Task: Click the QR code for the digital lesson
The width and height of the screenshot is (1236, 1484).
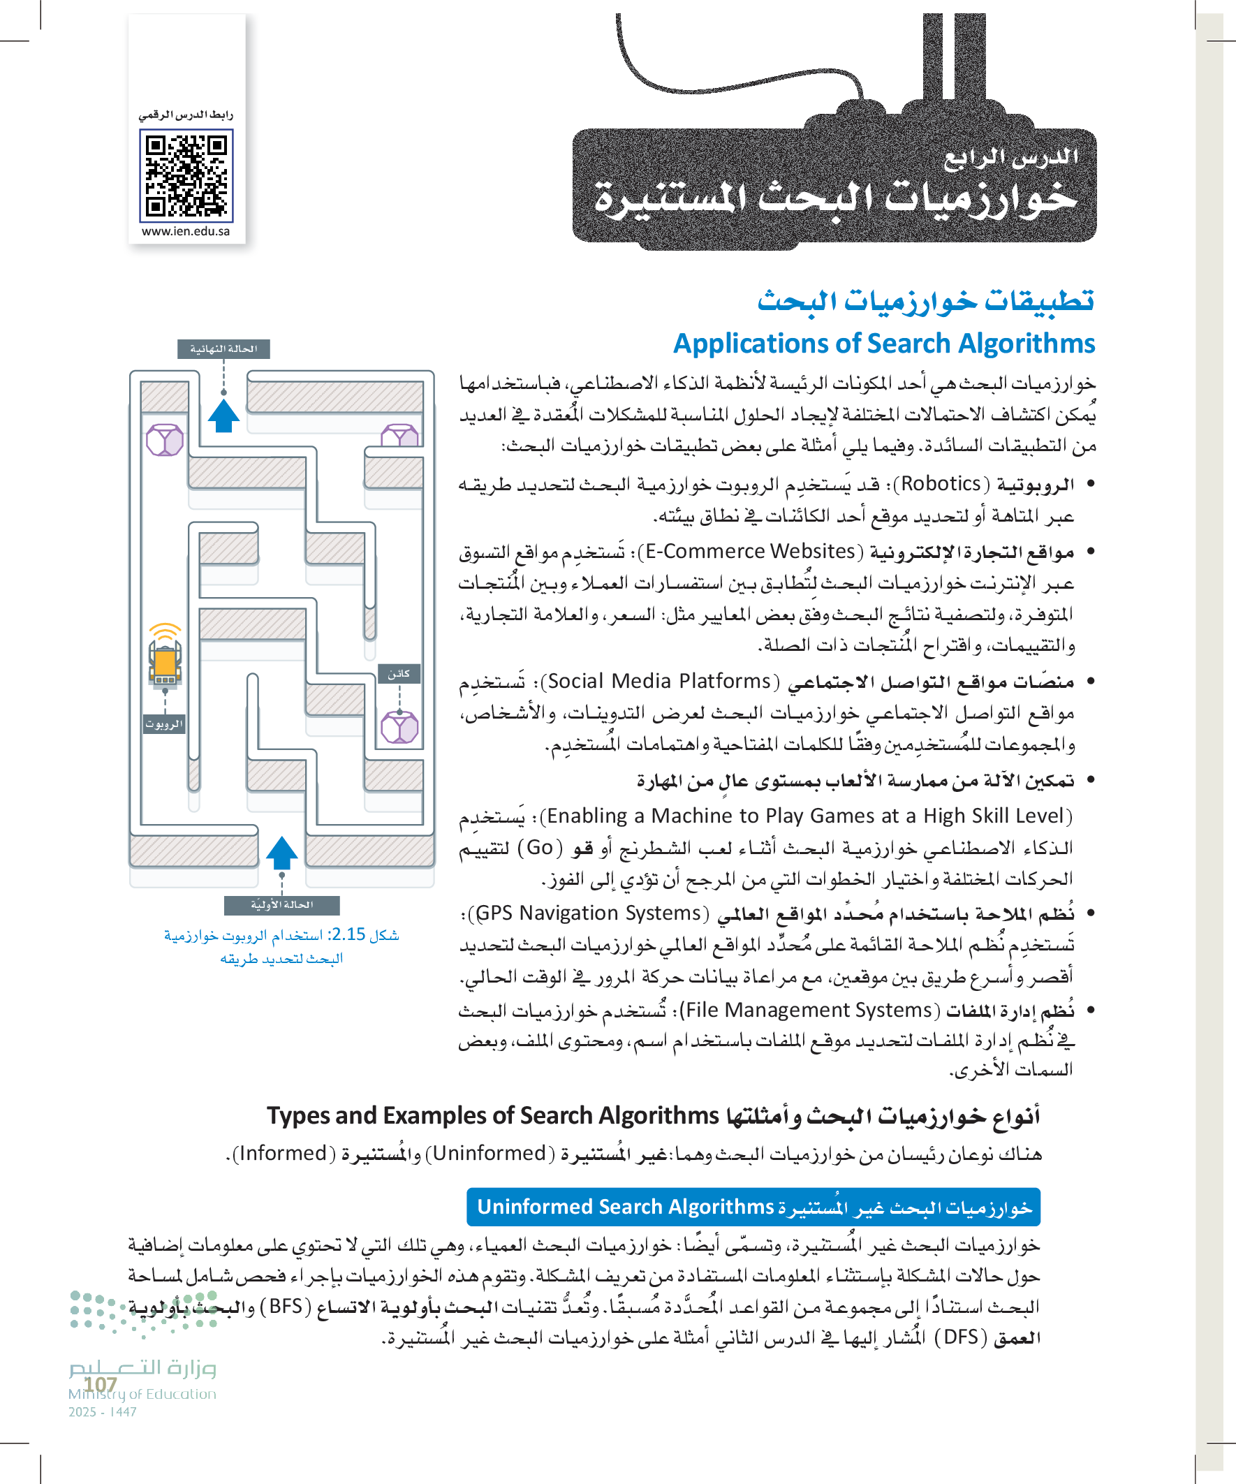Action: point(186,176)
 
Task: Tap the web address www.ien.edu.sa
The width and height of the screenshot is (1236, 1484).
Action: point(185,231)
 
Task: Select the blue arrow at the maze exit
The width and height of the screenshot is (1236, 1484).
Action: point(223,416)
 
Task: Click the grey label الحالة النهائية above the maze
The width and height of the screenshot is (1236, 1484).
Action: point(223,349)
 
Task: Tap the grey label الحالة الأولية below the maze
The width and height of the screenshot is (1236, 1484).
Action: point(281,905)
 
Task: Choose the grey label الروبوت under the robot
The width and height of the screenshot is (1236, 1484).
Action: point(164,724)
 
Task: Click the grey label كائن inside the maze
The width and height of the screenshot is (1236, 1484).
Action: point(399,673)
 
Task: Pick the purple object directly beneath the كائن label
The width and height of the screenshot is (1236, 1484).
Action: point(399,728)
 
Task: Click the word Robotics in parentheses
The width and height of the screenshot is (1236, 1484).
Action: point(941,484)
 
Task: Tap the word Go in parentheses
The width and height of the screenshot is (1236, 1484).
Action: point(539,847)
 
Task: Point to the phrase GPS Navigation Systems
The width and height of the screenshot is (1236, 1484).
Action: point(588,913)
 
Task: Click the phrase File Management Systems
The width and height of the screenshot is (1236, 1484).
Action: point(809,1011)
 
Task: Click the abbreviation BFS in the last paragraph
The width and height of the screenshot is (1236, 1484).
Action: point(286,1306)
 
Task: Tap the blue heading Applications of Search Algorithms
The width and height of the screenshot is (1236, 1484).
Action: point(883,344)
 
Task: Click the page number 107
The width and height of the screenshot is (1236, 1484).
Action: point(101,1383)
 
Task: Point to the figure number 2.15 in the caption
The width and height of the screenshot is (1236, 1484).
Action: point(348,934)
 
